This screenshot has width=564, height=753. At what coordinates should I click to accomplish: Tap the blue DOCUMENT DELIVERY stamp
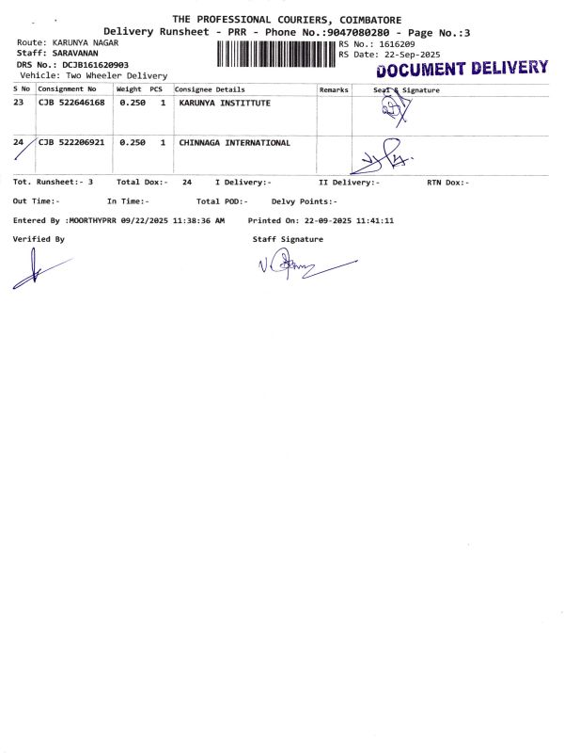tap(462, 68)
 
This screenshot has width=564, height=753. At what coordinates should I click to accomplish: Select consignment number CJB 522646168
tap(71, 103)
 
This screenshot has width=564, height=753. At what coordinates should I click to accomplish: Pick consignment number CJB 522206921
tap(71, 142)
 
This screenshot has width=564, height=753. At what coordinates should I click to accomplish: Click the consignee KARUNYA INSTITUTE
tap(225, 103)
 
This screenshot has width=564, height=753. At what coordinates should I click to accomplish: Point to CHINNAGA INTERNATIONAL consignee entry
tap(235, 142)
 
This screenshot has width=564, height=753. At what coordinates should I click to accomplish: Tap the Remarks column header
tap(334, 89)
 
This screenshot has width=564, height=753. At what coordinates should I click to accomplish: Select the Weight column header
tap(129, 89)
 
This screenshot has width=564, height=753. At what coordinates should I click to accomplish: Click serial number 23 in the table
tap(19, 103)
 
